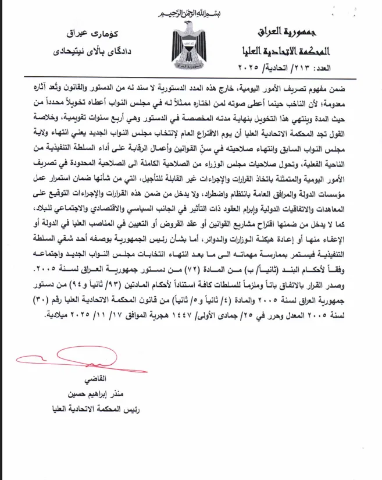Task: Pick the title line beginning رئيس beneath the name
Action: pyautogui.click(x=95, y=410)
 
